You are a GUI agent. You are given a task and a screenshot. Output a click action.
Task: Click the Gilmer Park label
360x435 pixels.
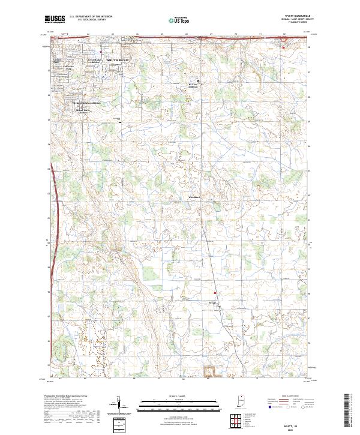[58, 62]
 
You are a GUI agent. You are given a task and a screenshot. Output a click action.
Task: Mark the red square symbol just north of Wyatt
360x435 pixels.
[215, 293]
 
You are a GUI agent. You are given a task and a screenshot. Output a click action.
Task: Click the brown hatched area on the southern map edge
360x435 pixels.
[211, 371]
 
